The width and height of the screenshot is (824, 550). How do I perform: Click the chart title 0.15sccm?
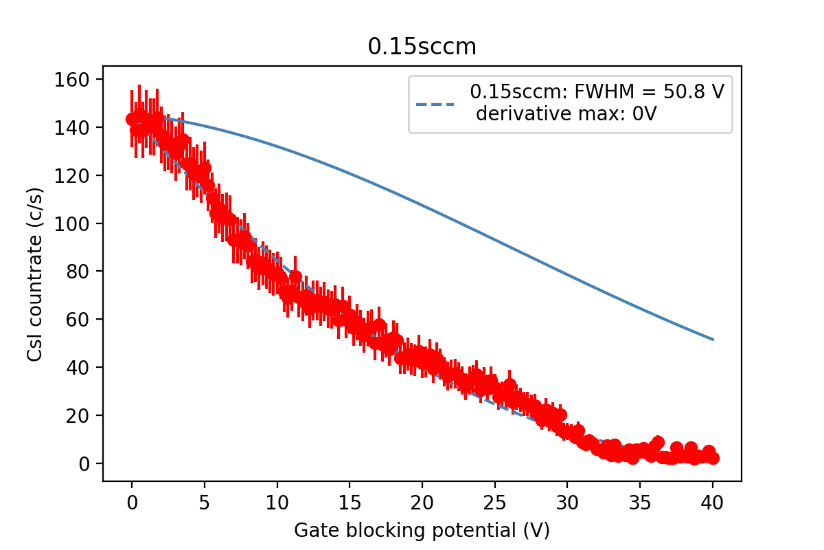[422, 47]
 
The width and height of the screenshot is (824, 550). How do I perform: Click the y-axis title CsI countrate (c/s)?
[35, 274]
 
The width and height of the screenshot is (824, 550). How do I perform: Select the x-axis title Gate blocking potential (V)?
[422, 531]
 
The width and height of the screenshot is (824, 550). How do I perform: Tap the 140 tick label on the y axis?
[71, 128]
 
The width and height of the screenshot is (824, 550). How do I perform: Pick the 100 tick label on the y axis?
[71, 223]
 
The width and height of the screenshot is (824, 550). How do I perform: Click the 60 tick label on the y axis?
[78, 320]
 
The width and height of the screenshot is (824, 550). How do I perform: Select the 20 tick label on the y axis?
[78, 415]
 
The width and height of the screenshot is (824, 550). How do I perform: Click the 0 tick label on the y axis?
[84, 464]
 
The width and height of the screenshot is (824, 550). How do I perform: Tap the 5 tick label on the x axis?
[205, 503]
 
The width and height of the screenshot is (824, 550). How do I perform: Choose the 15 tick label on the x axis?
[350, 503]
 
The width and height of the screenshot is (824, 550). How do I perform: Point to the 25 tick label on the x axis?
[495, 503]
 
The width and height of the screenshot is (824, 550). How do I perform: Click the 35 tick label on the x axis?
[640, 503]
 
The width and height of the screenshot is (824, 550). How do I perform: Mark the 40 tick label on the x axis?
[713, 503]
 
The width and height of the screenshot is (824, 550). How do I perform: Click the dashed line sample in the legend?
[435, 104]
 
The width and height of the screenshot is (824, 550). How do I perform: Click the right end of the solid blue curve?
[713, 340]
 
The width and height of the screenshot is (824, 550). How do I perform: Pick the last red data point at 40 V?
[713, 459]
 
